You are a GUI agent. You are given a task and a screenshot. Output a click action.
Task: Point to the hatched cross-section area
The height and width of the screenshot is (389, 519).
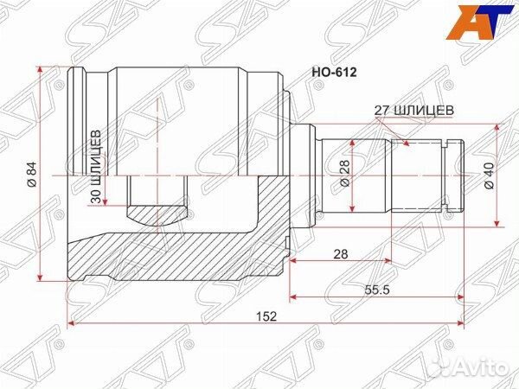[x=173, y=251]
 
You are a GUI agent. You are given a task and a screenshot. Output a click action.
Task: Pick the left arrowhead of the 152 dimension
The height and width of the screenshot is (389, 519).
[x=70, y=325]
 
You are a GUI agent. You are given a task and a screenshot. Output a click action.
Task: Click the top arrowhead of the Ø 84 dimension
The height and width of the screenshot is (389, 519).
[x=41, y=67]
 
